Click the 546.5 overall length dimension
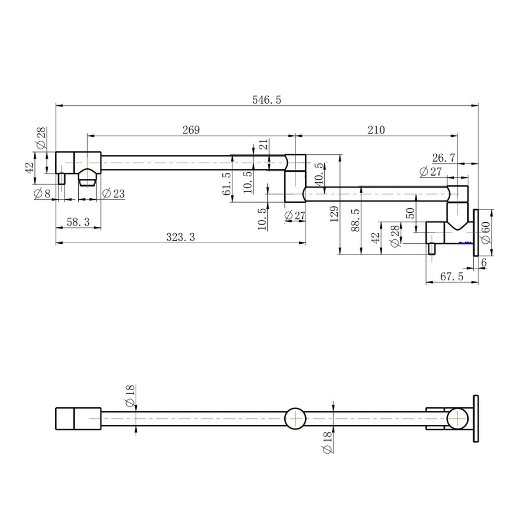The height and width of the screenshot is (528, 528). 267,100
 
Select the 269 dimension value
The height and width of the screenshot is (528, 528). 191,129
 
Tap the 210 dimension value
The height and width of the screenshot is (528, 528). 376,129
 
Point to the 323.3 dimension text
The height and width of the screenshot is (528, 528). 181,237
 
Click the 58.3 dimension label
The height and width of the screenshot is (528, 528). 78,222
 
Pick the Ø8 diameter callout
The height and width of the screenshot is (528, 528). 42,194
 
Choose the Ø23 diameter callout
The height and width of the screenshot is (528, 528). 113,194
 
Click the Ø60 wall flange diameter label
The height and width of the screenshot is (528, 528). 485,232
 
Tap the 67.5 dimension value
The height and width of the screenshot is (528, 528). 451,276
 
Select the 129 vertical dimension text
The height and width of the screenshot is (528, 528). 334,214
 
